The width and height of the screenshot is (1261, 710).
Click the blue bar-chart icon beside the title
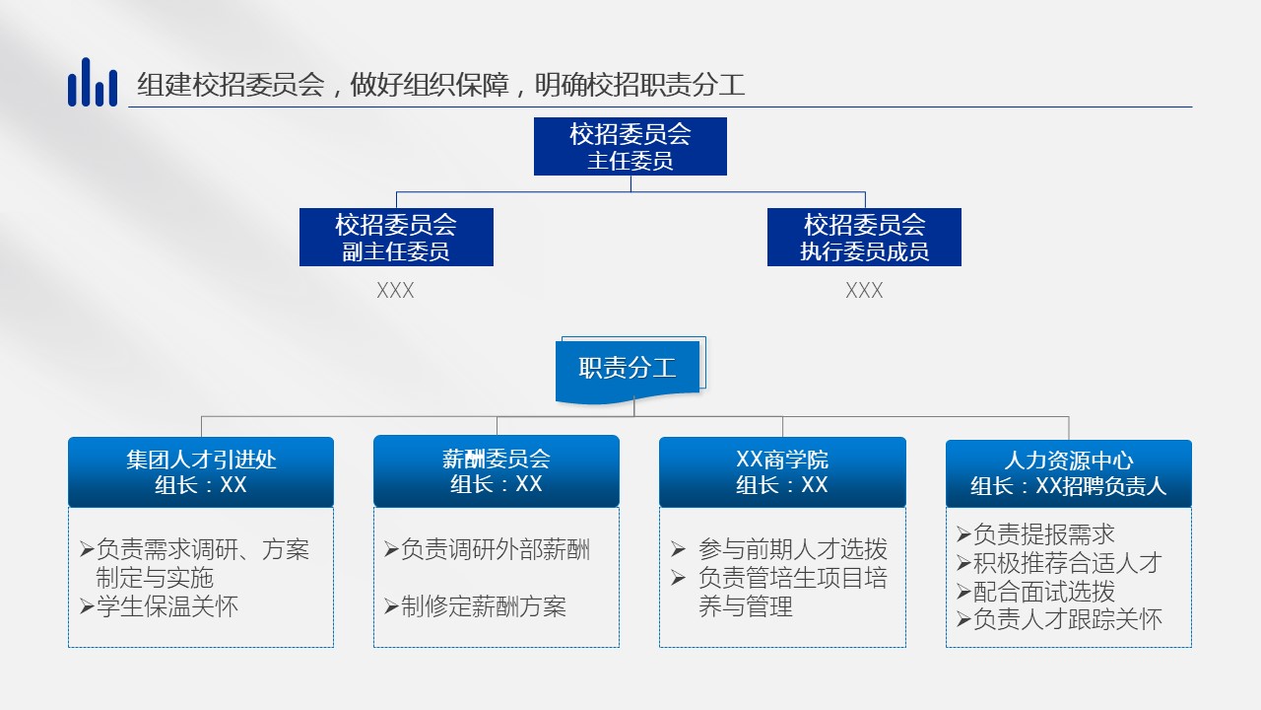pyautogui.click(x=93, y=82)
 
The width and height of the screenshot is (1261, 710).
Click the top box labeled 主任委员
pyautogui.click(x=630, y=147)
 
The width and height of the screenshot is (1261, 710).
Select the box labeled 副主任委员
pyautogui.click(x=396, y=238)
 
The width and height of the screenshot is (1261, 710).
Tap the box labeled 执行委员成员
pyautogui.click(x=864, y=238)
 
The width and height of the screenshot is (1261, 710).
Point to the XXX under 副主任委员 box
pyautogui.click(x=395, y=291)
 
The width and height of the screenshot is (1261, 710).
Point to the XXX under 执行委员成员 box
pyautogui.click(x=864, y=291)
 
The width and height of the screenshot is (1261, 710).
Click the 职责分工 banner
pyautogui.click(x=630, y=370)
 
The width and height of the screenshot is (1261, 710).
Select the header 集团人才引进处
pyautogui.click(x=201, y=472)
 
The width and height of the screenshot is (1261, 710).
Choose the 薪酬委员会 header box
pyautogui.click(x=496, y=471)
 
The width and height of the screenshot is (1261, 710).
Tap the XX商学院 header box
pyautogui.click(x=782, y=472)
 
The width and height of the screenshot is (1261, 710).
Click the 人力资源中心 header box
pyautogui.click(x=1069, y=474)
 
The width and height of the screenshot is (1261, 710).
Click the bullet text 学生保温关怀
pyautogui.click(x=167, y=606)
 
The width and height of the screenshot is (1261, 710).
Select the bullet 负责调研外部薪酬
pyautogui.click(x=496, y=549)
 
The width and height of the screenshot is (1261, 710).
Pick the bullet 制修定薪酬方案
pyautogui.click(x=484, y=606)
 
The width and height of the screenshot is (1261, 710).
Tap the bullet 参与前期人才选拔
pyautogui.click(x=793, y=549)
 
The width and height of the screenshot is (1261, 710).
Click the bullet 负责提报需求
pyautogui.click(x=1043, y=534)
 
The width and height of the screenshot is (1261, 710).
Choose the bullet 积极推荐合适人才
pyautogui.click(x=1067, y=562)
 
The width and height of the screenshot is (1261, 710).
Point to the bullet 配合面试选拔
pyautogui.click(x=1043, y=591)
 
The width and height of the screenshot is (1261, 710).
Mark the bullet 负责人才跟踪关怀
pyautogui.click(x=1067, y=619)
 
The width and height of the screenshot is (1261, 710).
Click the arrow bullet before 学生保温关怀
pyautogui.click(x=87, y=606)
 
